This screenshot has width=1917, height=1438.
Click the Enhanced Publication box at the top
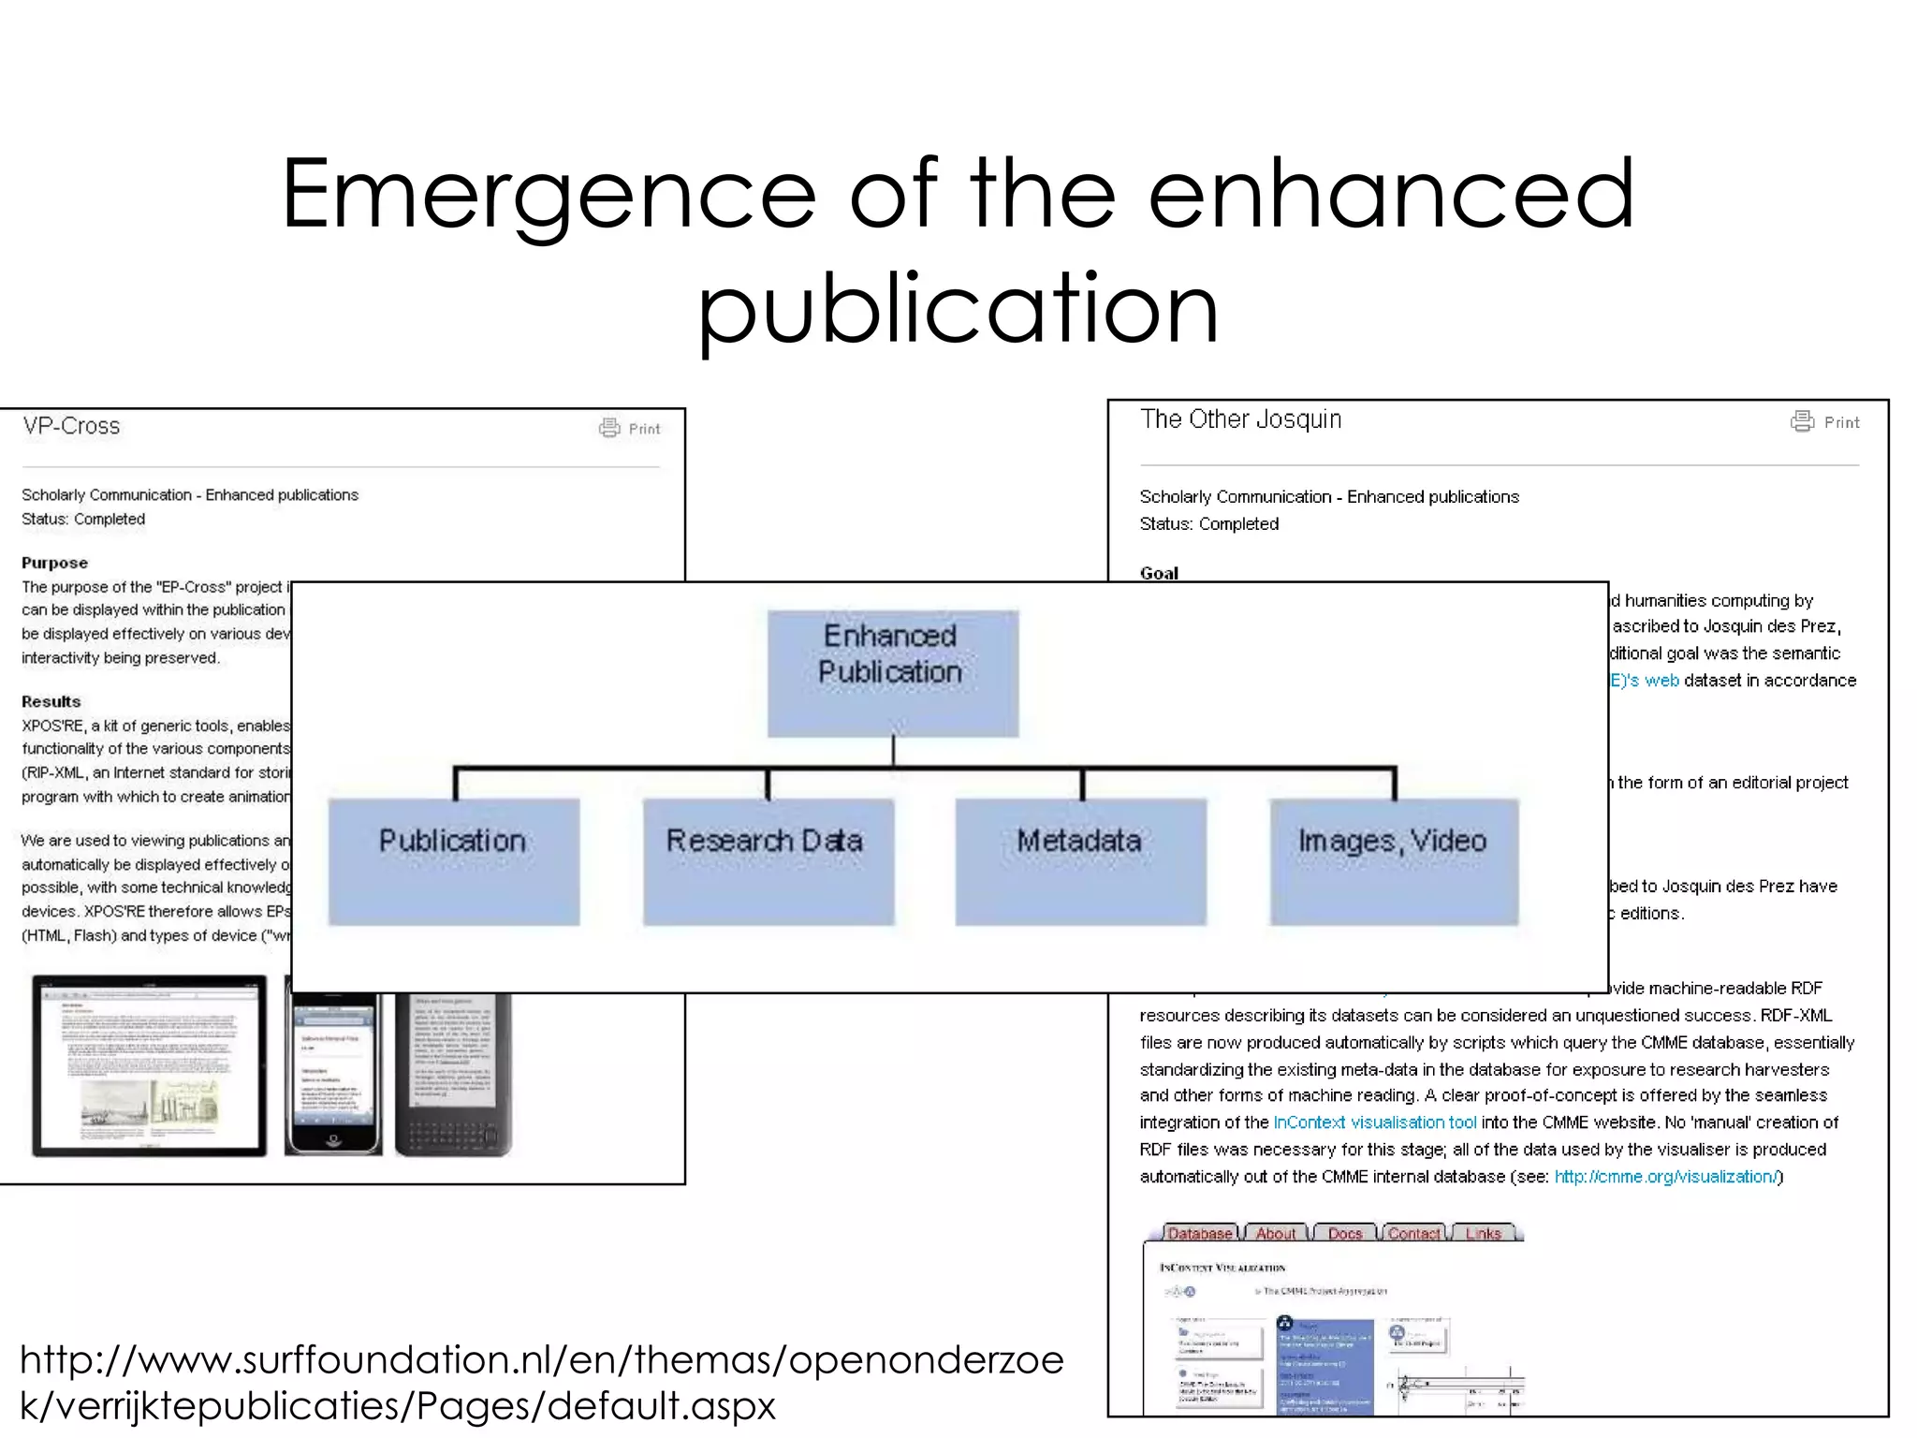pyautogui.click(x=892, y=673)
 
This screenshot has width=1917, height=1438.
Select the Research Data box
pyautogui.click(x=768, y=861)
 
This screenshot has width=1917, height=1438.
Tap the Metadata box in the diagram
pyautogui.click(x=1080, y=861)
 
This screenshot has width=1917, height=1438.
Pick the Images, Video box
pyautogui.click(x=1394, y=861)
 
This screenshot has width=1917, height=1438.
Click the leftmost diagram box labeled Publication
pyautogui.click(x=454, y=861)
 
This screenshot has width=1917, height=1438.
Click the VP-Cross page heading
pyautogui.click(x=72, y=427)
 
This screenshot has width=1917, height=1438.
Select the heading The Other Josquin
pyautogui.click(x=1240, y=419)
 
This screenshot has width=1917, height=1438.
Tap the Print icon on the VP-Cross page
pyautogui.click(x=610, y=428)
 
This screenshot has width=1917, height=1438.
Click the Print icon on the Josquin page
pyautogui.click(x=1802, y=421)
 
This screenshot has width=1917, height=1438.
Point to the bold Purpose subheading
pyautogui.click(x=54, y=563)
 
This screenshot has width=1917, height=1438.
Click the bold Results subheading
pyautogui.click(x=51, y=701)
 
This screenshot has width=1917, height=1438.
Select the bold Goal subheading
pyautogui.click(x=1159, y=573)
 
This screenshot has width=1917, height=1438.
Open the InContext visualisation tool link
pyautogui.click(x=1374, y=1123)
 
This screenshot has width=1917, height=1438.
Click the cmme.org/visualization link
pyautogui.click(x=1665, y=1177)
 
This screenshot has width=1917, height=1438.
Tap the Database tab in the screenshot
pyautogui.click(x=1200, y=1234)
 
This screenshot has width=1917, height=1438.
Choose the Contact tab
pyautogui.click(x=1413, y=1234)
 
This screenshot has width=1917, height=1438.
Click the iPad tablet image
pyautogui.click(x=149, y=1065)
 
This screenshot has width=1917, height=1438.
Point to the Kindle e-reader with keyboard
pyautogui.click(x=454, y=1075)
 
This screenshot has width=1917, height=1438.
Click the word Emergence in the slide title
pyautogui.click(x=549, y=194)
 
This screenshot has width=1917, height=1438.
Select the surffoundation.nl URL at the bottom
pyautogui.click(x=541, y=1382)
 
